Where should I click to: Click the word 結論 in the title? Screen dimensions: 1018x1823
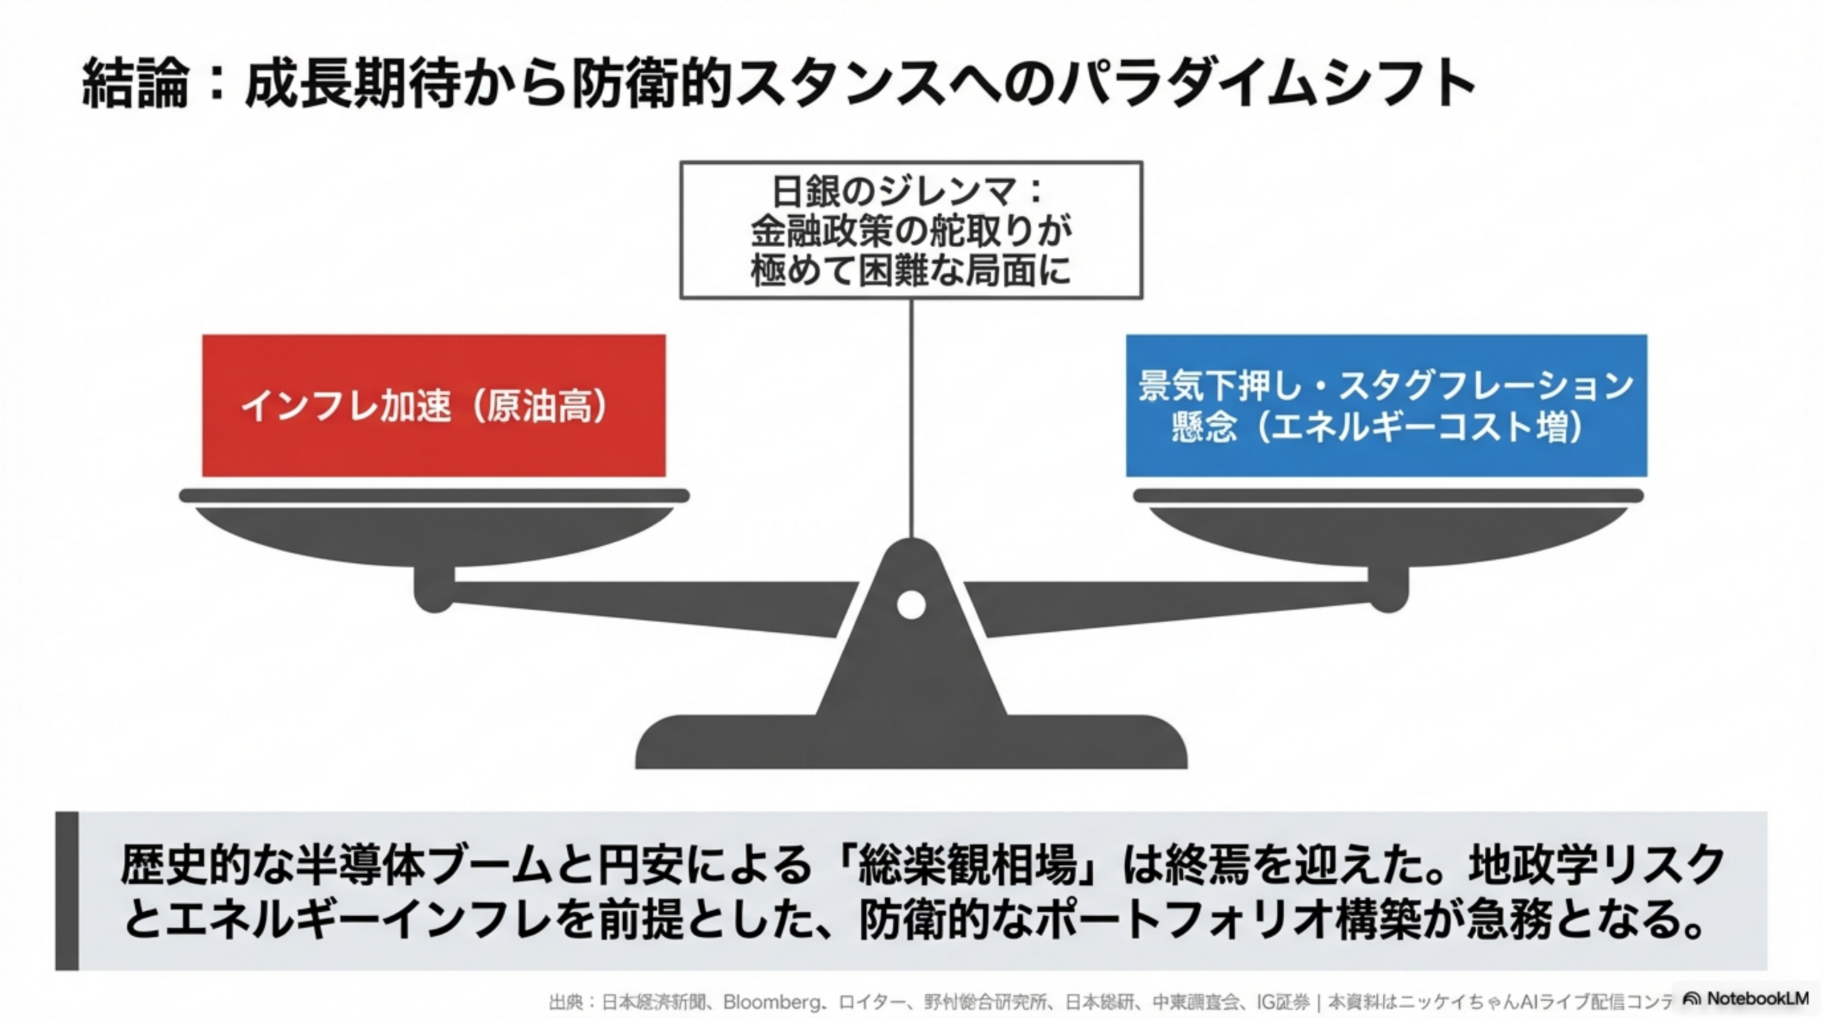[x=135, y=84]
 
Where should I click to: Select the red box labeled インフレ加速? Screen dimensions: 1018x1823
[x=433, y=405]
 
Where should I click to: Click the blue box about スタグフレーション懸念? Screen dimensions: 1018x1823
[x=1386, y=405]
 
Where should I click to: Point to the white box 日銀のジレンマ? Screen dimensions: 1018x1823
[x=911, y=229]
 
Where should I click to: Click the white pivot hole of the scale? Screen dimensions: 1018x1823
[x=911, y=605]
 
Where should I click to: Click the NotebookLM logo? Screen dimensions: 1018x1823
[x=1747, y=998]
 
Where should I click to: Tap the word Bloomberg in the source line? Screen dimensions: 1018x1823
[x=772, y=1002]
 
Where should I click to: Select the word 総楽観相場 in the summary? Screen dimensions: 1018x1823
[x=967, y=865]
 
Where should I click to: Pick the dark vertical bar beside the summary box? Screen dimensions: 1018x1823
[x=66, y=890]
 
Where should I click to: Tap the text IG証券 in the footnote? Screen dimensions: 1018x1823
[x=1283, y=1002]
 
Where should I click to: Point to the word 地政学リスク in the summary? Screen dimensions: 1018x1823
[x=1595, y=865]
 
